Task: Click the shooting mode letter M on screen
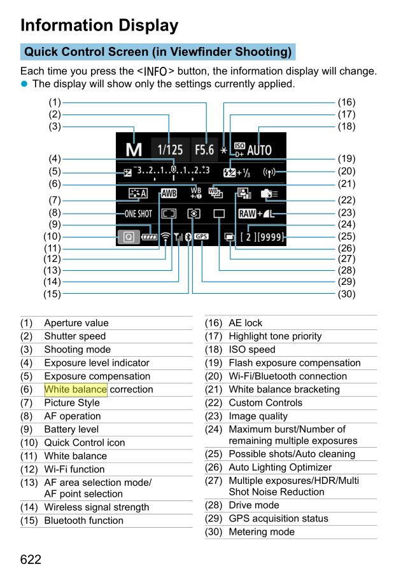point(133,150)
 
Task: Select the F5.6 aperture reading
point(204,150)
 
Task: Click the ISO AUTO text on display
point(259,150)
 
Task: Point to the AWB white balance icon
point(169,193)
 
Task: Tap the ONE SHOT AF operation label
point(138,214)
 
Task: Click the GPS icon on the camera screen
point(201,237)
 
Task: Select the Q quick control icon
point(128,237)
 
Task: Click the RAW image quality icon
point(247,214)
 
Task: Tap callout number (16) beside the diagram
point(346,102)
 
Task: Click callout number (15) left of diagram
point(52,294)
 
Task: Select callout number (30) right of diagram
point(346,294)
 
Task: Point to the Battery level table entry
point(71,429)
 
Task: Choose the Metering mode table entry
point(261,532)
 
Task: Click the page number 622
point(31,559)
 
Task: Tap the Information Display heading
point(99,25)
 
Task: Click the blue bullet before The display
point(25,84)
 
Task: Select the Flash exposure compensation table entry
point(294,363)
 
